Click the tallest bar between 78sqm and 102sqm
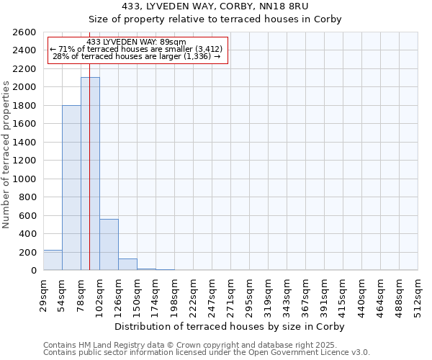pyautogui.click(x=90, y=174)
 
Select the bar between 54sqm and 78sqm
pyautogui.click(x=71, y=188)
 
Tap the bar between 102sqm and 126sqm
pyautogui.click(x=109, y=245)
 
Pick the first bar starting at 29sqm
pyautogui.click(x=53, y=261)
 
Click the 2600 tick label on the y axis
pyautogui.click(x=24, y=32)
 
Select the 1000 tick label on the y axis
pyautogui.click(x=24, y=179)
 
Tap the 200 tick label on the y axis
pyautogui.click(x=27, y=252)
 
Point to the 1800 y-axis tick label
pyautogui.click(x=24, y=106)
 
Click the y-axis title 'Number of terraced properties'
pyautogui.click(x=6, y=155)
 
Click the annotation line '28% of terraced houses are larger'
pyautogui.click(x=137, y=56)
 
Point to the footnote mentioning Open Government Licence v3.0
pyautogui.click(x=207, y=353)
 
